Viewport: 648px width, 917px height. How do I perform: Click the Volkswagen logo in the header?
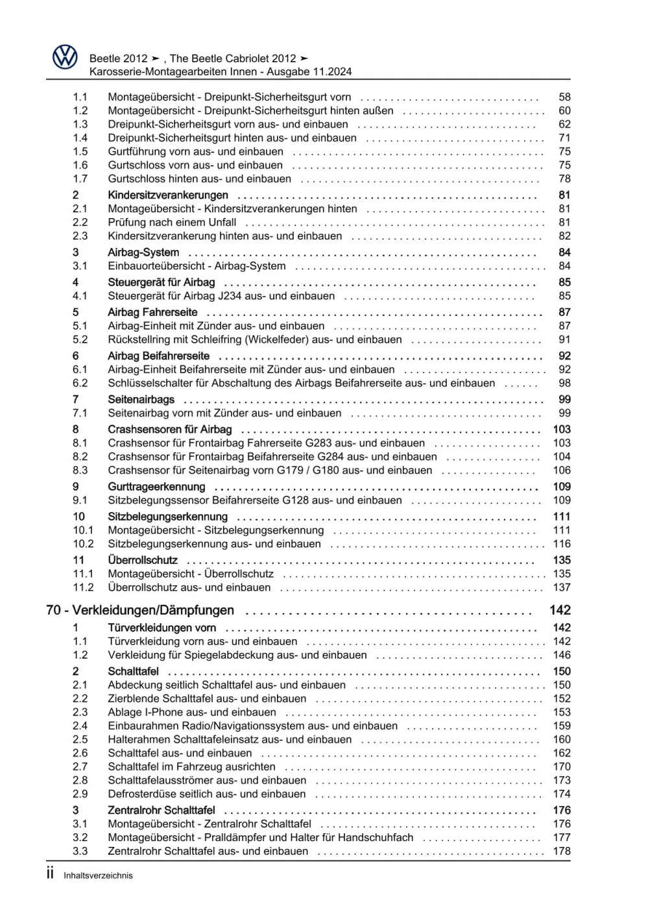click(x=64, y=58)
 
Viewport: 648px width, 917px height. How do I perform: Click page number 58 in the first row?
click(x=564, y=97)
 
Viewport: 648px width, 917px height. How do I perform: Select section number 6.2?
click(x=80, y=383)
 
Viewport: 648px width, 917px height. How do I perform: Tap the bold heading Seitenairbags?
click(x=141, y=400)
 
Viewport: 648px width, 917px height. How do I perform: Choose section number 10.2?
click(x=83, y=544)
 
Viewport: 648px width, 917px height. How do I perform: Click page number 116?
click(x=562, y=544)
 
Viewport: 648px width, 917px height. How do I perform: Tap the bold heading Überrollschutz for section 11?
click(x=143, y=560)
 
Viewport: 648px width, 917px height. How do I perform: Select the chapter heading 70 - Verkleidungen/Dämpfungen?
click(x=140, y=610)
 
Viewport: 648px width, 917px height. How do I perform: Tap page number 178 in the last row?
click(x=562, y=851)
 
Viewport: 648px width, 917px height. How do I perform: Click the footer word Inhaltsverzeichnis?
click(x=98, y=875)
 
